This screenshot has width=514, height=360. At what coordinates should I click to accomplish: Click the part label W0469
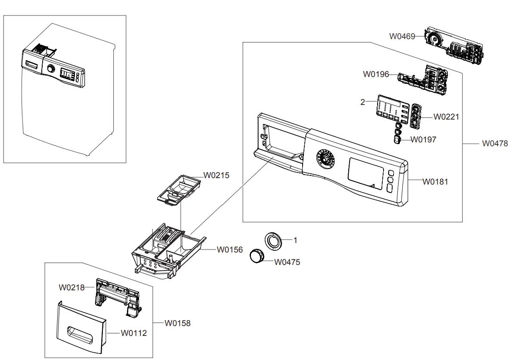402,37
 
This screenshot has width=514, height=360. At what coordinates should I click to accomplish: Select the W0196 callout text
375,74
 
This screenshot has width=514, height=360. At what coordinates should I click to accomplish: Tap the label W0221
446,117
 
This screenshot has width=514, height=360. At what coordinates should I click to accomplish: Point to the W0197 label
423,139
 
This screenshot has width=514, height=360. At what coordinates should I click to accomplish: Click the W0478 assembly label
495,143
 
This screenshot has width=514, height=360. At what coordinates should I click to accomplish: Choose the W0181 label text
435,182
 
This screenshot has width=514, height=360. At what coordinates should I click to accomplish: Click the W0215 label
216,175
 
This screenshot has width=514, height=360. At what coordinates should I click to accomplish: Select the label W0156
229,249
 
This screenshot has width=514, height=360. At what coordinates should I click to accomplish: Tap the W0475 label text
287,262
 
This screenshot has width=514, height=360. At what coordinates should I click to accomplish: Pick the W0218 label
71,287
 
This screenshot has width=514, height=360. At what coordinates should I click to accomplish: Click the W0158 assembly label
177,323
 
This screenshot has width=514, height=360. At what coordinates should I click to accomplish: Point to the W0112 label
133,333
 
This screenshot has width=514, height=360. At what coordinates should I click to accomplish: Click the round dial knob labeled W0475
257,256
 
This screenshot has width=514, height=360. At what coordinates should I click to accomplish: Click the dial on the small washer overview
51,69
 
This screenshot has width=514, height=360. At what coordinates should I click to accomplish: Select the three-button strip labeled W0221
415,116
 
